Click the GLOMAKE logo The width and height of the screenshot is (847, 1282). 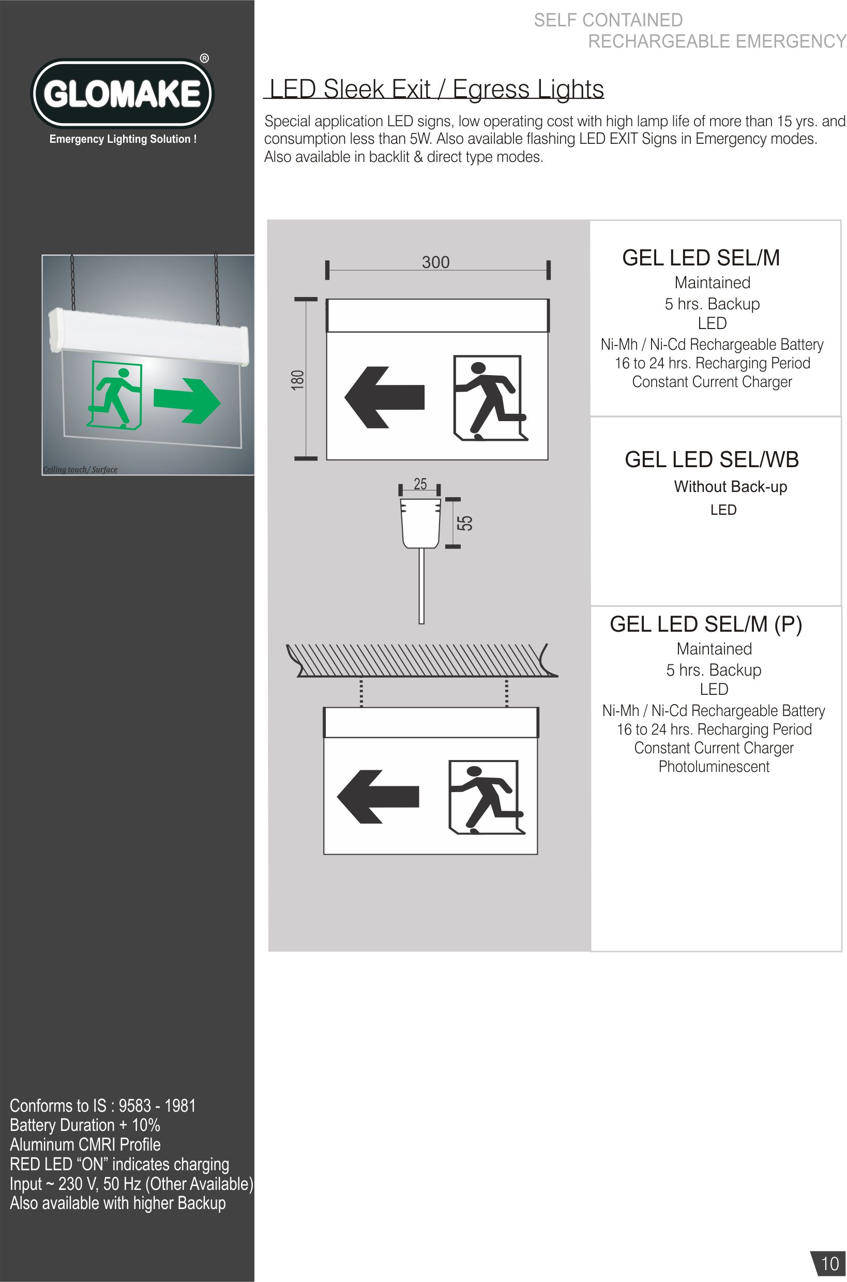coord(122,94)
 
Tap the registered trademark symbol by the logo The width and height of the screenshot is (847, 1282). coord(205,58)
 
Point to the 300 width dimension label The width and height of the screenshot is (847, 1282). coord(435,262)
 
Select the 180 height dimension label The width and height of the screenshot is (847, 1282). coord(298,379)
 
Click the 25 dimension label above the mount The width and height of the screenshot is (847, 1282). coord(420,484)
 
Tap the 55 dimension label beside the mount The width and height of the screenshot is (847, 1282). coord(465,523)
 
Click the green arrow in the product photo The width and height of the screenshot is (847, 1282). coord(187,401)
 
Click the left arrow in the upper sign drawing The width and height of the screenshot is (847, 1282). coord(385,397)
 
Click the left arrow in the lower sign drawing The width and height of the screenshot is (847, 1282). coord(377,796)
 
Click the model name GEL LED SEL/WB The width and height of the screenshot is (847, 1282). coord(712,460)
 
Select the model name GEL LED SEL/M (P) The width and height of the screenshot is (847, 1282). coord(706,625)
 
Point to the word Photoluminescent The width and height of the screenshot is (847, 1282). coord(714,766)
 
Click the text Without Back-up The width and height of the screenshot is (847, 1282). coord(730,487)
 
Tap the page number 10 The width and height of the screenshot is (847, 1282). coord(830,1263)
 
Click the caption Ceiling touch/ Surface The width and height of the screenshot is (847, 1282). coord(80,469)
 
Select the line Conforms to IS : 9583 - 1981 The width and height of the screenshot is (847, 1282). coord(102,1106)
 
